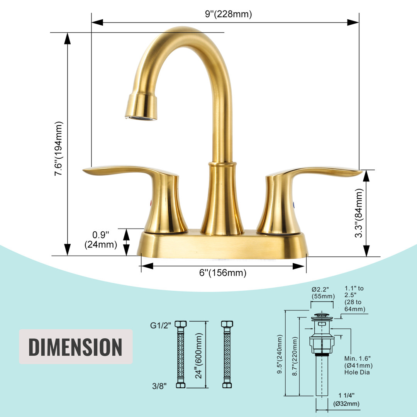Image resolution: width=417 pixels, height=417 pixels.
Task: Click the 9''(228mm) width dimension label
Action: click(228, 14)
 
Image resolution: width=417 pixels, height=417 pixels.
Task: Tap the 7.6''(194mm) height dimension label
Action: click(59, 148)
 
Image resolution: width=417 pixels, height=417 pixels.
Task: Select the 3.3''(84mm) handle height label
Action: click(359, 213)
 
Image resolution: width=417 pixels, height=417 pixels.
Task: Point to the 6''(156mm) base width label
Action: click(223, 273)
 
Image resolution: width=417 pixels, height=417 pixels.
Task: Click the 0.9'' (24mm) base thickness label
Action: click(101, 240)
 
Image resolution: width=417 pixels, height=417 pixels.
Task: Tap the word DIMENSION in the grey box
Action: click(76, 347)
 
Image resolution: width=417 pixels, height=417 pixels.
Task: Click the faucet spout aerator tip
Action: click(141, 118)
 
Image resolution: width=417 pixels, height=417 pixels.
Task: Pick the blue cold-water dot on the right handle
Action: click(293, 205)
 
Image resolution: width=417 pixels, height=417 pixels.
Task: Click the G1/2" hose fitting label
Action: click(161, 325)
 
